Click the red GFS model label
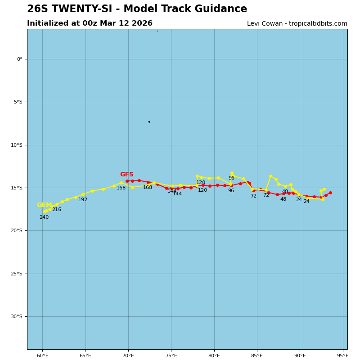click(126, 175)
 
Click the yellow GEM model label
click(44, 205)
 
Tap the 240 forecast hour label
click(44, 217)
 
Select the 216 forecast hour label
click(56, 210)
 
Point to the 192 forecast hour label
click(83, 200)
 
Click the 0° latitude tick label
click(19, 59)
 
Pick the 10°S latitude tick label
click(16, 145)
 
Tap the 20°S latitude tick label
click(16, 231)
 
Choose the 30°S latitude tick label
click(16, 317)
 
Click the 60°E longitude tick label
click(42, 356)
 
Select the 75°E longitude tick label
click(171, 356)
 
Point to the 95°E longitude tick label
click(342, 356)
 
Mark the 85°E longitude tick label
click(257, 356)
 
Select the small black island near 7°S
click(149, 121)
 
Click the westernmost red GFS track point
click(127, 181)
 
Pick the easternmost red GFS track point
click(330, 193)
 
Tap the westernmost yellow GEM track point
click(44, 211)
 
